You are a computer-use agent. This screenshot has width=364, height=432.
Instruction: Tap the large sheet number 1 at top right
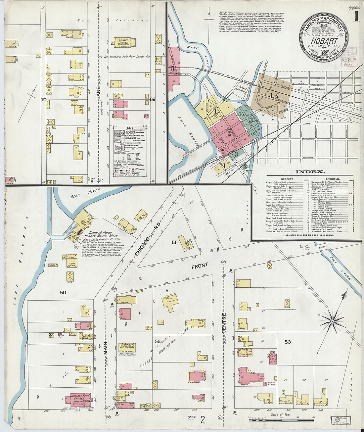tap(356, 17)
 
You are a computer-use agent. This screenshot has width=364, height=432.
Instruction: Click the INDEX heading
tap(310, 172)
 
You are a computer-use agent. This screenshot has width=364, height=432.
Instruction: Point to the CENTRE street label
tap(224, 323)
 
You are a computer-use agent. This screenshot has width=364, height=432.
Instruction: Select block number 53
tap(288, 342)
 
